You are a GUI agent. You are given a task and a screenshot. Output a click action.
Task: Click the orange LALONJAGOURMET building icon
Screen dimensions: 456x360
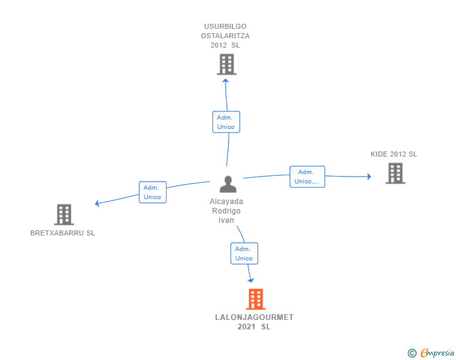pyautogui.click(x=256, y=299)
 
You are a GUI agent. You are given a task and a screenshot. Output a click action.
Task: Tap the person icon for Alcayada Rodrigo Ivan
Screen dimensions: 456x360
pyautogui.click(x=228, y=184)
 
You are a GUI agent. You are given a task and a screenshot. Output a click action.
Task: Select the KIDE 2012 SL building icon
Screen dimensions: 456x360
pyautogui.click(x=395, y=173)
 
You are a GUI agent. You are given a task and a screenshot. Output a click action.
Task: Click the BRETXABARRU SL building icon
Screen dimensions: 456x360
pyautogui.click(x=64, y=215)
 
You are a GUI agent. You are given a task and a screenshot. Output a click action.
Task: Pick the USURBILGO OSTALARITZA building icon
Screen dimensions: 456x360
pyautogui.click(x=227, y=64)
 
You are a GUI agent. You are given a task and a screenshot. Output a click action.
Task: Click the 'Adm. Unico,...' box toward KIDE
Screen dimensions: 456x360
pyautogui.click(x=307, y=177)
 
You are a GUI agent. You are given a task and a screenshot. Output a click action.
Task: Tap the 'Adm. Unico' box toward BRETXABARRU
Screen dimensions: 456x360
pyautogui.click(x=153, y=192)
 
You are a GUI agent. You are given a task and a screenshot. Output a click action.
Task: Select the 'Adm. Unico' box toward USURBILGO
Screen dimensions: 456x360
pyautogui.click(x=226, y=122)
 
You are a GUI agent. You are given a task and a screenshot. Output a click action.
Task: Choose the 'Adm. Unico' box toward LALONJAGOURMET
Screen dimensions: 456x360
pyautogui.click(x=244, y=254)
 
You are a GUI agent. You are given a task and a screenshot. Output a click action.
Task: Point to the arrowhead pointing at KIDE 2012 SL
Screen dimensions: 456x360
pyautogui.click(x=370, y=177)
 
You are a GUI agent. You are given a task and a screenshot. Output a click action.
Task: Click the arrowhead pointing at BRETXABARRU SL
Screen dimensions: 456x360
pyautogui.click(x=97, y=203)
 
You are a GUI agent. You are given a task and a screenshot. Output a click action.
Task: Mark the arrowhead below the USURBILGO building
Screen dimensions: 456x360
pyautogui.click(x=225, y=81)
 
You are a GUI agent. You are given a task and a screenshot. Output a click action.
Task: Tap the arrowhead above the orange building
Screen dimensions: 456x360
pyautogui.click(x=251, y=280)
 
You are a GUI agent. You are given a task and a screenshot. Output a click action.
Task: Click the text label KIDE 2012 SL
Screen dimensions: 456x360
pyautogui.click(x=394, y=154)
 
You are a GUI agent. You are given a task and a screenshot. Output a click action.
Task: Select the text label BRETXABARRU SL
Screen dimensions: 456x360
pyautogui.click(x=63, y=233)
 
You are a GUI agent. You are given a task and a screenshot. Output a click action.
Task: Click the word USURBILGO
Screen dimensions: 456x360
pyautogui.click(x=225, y=26)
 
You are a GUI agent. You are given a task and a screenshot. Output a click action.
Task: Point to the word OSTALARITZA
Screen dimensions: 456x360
pyautogui.click(x=225, y=36)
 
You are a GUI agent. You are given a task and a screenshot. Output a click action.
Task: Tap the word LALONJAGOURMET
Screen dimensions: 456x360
pyautogui.click(x=254, y=317)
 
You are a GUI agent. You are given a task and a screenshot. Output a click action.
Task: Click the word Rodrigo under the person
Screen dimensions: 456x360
pyautogui.click(x=226, y=211)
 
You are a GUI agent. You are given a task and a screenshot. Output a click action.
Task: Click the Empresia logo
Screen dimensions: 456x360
pyautogui.click(x=432, y=352)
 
